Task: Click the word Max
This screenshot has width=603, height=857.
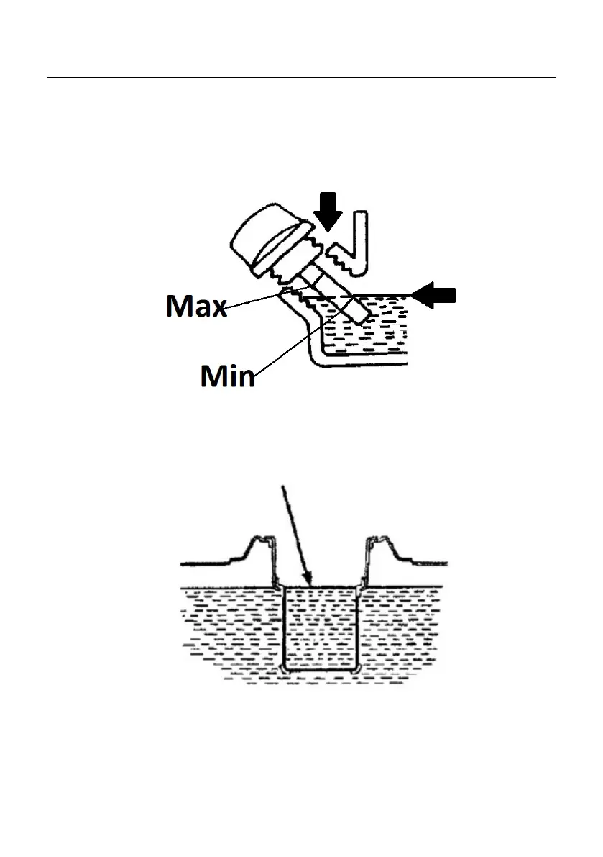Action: pyautogui.click(x=195, y=307)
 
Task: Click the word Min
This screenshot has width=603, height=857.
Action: pyautogui.click(x=227, y=375)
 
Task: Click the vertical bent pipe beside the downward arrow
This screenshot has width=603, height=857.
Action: pyautogui.click(x=363, y=241)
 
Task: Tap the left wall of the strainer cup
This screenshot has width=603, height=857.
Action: pyautogui.click(x=285, y=626)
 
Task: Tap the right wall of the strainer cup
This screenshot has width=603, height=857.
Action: pyautogui.click(x=356, y=626)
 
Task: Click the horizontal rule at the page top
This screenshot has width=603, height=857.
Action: pyautogui.click(x=301, y=77)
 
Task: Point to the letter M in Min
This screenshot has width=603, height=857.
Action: pyautogui.click(x=213, y=375)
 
